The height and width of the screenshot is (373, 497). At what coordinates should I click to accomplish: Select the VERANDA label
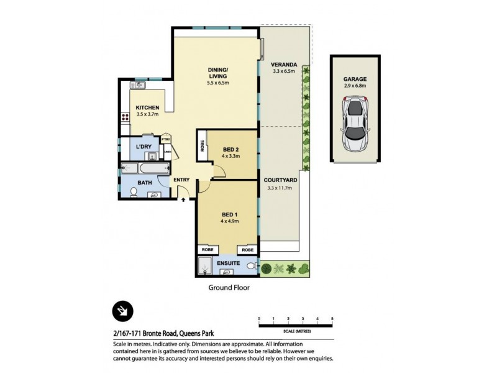(284, 65)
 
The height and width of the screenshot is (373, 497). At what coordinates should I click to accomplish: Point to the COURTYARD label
(280, 180)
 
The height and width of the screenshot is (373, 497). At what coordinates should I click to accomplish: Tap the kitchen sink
(137, 85)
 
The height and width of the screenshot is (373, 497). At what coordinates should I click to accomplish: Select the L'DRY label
(144, 147)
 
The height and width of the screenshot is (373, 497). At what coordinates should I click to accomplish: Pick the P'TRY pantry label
(166, 140)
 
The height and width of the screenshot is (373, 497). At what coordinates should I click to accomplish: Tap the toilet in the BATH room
(153, 195)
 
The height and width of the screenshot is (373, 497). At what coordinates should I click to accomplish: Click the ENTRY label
(181, 180)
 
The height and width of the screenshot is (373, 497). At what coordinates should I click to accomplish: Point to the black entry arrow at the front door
(183, 200)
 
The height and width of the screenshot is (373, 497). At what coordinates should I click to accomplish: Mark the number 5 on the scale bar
(332, 318)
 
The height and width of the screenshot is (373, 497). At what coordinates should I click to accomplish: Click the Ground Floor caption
(228, 288)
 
